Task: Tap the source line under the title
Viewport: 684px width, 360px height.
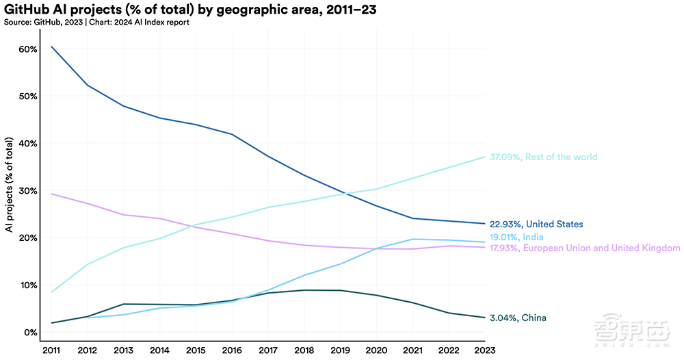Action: tap(95, 22)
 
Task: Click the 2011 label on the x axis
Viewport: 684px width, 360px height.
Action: tap(51, 350)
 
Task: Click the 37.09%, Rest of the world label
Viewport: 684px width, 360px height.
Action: tap(543, 157)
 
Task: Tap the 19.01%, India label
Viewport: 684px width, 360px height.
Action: tap(516, 237)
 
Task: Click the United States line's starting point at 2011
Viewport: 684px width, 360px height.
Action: tap(51, 47)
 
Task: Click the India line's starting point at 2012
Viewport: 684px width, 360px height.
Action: tap(88, 318)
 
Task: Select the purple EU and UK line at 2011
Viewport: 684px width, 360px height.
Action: tap(51, 194)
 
